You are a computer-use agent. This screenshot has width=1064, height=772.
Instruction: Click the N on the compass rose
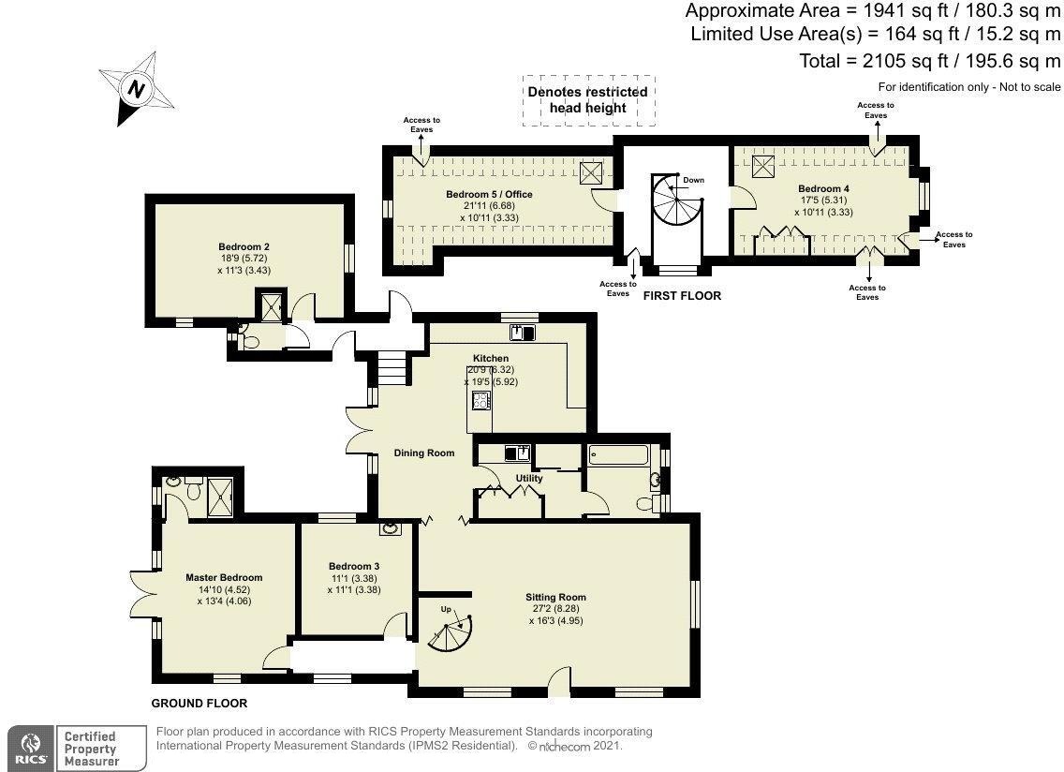tap(137, 89)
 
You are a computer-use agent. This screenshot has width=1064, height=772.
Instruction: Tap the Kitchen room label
tap(491, 359)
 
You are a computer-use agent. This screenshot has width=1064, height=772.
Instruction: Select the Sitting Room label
tap(555, 598)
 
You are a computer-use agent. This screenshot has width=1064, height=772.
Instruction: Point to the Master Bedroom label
tap(224, 578)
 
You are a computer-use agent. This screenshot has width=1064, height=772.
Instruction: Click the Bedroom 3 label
tap(353, 566)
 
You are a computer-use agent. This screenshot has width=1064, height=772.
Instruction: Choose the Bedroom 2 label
tap(244, 247)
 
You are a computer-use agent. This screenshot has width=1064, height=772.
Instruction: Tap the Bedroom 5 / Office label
tap(489, 194)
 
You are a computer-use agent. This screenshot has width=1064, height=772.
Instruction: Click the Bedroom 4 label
tap(823, 188)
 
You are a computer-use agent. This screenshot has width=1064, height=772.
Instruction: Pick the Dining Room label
tap(424, 453)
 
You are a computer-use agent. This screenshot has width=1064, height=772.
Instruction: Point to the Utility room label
tap(529, 478)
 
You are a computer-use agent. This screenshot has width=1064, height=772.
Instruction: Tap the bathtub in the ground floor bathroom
tap(619, 455)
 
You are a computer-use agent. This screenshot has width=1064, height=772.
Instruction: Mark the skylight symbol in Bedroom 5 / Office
tap(591, 173)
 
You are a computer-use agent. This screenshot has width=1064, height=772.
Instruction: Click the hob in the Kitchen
tap(481, 401)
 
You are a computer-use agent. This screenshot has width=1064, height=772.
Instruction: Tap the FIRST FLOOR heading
tap(682, 295)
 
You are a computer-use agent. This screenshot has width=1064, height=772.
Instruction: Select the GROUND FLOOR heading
tap(199, 704)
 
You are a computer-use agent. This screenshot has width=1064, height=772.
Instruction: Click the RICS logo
tap(31, 749)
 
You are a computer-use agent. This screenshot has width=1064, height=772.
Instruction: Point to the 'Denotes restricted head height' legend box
tap(588, 100)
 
